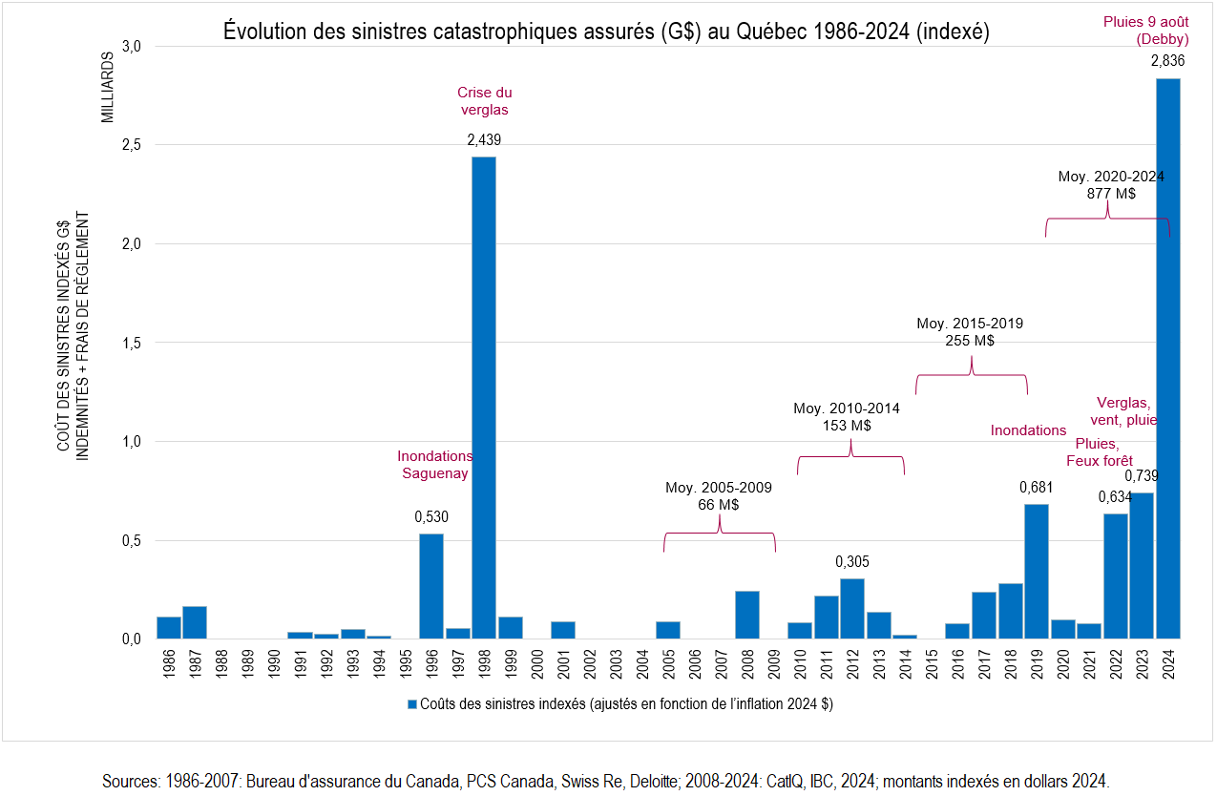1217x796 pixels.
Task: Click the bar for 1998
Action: coord(484,397)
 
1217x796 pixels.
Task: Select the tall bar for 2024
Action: coord(1168,358)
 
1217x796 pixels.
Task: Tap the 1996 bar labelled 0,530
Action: coord(431,585)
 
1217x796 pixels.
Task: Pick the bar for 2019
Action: coord(1037,571)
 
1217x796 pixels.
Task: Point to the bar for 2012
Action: coord(852,608)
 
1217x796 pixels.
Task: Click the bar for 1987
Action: coord(195,622)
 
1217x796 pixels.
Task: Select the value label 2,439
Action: coord(484,140)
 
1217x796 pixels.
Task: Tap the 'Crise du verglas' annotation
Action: coord(485,101)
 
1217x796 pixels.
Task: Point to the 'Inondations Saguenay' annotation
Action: coord(435,465)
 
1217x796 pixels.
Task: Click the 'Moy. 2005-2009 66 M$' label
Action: coord(719,496)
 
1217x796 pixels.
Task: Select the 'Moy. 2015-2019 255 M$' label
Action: coord(970,332)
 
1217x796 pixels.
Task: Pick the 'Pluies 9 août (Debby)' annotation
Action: coord(1145,31)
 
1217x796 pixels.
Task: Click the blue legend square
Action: coord(412,704)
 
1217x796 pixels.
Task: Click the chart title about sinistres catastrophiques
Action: coord(606,31)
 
